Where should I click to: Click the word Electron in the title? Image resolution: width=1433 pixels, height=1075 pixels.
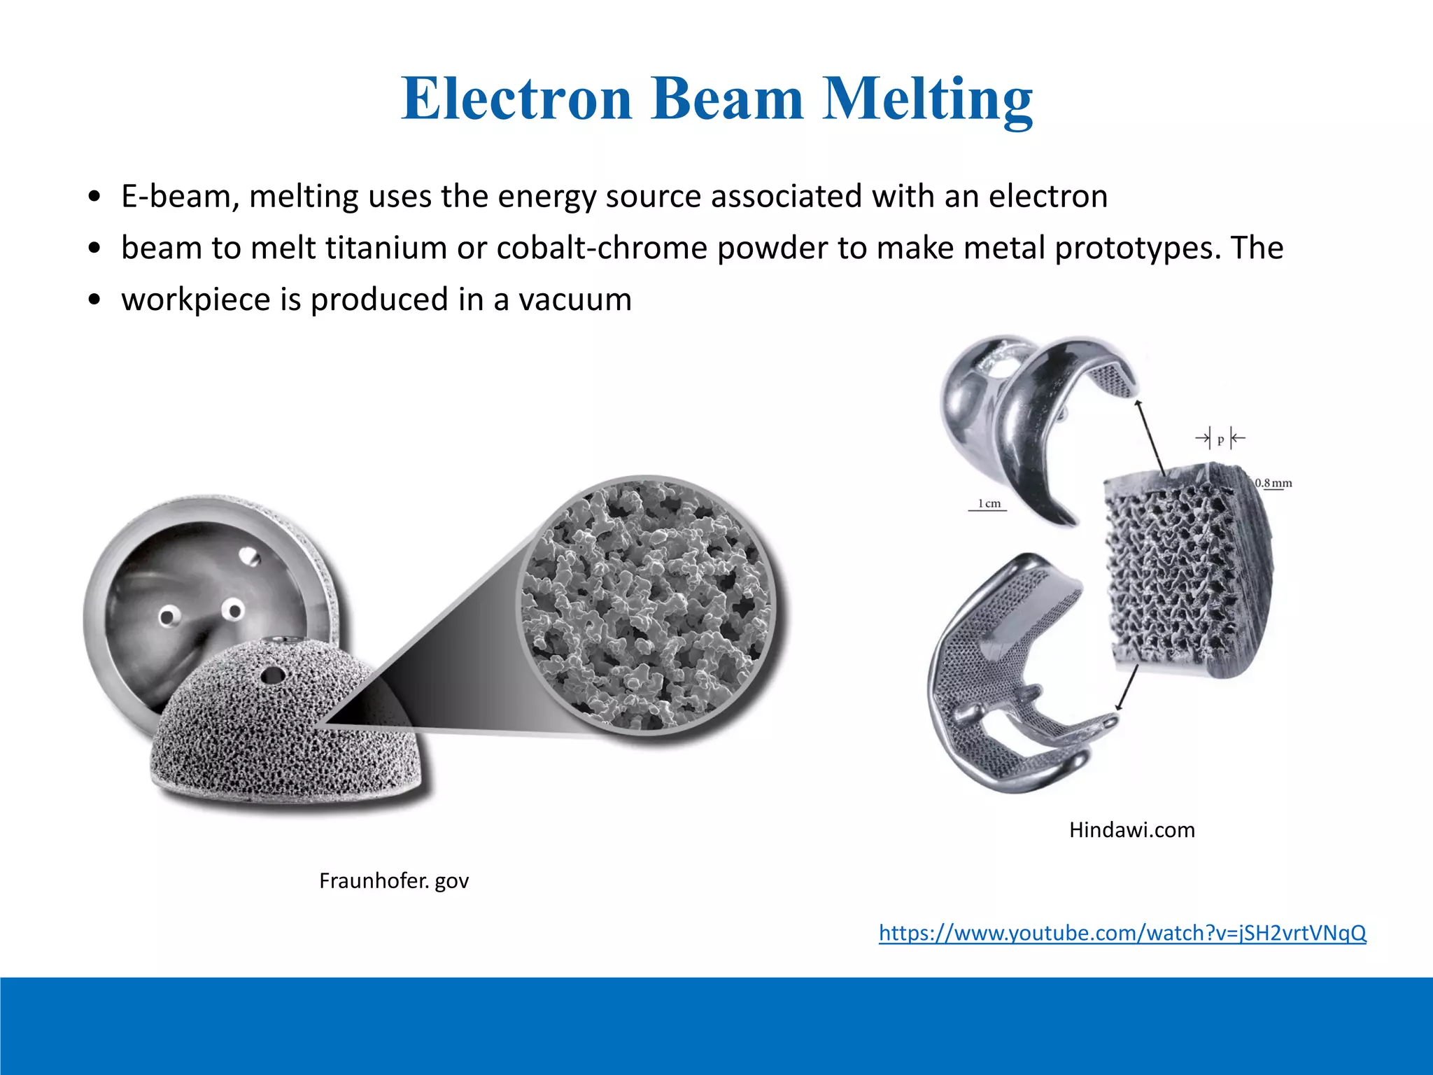[x=516, y=99]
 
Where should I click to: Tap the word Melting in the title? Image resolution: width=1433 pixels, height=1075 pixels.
[x=926, y=99]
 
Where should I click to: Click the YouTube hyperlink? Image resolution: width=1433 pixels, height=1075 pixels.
[x=1122, y=933]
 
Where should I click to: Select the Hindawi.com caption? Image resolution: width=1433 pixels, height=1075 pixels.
[x=1131, y=830]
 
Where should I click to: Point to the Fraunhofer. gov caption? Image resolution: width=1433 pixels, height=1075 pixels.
[x=394, y=880]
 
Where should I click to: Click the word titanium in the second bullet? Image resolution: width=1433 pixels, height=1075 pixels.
[x=386, y=248]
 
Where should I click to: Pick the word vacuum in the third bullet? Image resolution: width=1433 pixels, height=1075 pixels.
[x=574, y=300]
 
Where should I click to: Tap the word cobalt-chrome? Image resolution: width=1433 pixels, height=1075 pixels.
[x=602, y=248]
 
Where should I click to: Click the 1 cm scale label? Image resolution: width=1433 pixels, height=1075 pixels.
[x=989, y=503]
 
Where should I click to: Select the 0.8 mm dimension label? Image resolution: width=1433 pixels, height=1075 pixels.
[x=1273, y=483]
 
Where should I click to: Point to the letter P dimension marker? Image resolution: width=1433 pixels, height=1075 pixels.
[x=1220, y=440]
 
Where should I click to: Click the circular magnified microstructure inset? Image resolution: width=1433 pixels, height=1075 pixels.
[x=647, y=605]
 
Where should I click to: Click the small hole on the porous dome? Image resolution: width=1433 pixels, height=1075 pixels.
[x=271, y=675]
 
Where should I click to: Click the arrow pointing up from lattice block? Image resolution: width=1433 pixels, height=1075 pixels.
[x=1150, y=437]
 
